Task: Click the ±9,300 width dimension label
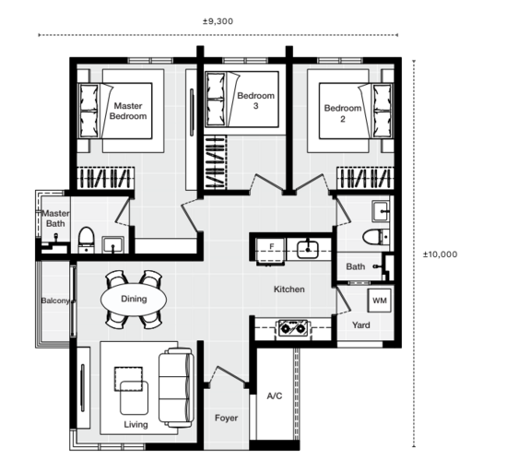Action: coord(218,21)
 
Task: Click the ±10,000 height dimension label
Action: coord(440,254)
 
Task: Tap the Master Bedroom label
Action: coord(128,111)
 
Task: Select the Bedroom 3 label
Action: coord(255,100)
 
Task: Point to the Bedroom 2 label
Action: coord(343,113)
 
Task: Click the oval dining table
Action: coord(134,299)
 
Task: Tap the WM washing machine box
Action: coord(379,301)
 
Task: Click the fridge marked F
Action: coord(271,251)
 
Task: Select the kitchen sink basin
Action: coord(308,249)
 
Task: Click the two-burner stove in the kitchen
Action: coord(293,329)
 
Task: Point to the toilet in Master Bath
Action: coord(87,240)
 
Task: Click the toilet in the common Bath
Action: coord(376,237)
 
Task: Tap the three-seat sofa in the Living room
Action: coord(176,387)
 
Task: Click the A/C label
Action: coord(275,395)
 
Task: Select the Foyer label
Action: coord(227,418)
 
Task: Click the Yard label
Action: coord(360,324)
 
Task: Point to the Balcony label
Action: coord(55,301)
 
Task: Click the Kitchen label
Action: coord(289,289)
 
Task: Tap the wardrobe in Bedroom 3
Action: coord(216,162)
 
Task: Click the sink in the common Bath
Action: coord(381,211)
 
